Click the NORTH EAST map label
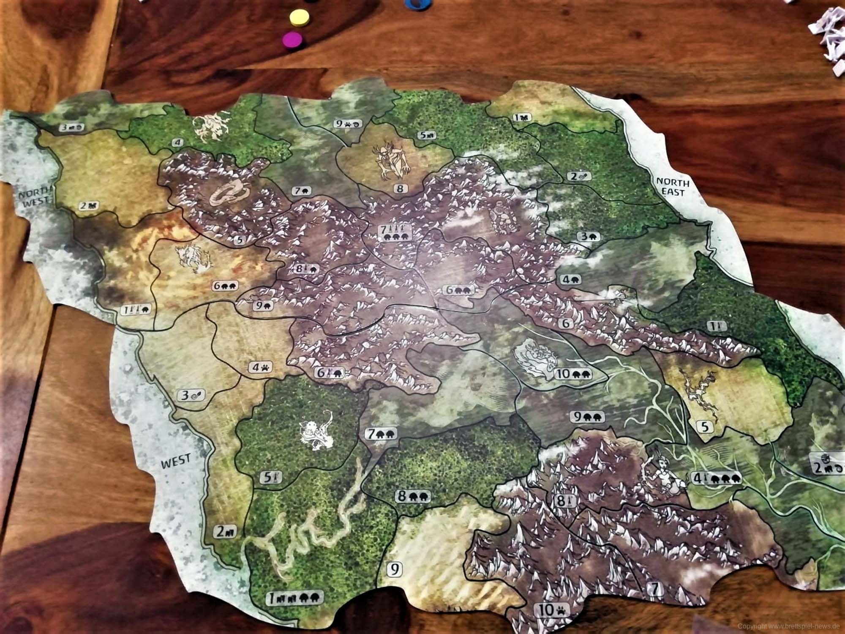point(672,187)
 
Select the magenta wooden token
point(292,40)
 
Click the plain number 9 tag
point(395,569)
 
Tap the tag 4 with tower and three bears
point(715,478)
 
